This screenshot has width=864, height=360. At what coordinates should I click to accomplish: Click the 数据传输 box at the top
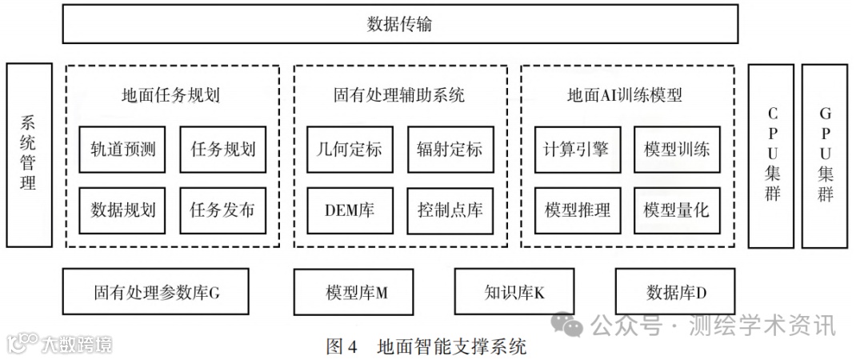click(x=400, y=24)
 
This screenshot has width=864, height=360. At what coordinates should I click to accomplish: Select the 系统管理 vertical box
click(x=29, y=154)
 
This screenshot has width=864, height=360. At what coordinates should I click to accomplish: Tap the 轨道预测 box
click(x=122, y=149)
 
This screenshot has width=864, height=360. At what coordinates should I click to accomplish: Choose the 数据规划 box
click(x=122, y=210)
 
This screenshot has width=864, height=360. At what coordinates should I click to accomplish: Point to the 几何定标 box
click(x=350, y=149)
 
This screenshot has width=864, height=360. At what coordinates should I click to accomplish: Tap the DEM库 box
click(x=350, y=210)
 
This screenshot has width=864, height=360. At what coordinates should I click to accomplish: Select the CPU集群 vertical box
click(x=771, y=155)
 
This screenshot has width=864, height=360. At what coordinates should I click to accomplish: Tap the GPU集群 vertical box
click(x=824, y=155)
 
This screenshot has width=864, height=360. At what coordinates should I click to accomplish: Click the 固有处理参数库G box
click(x=155, y=293)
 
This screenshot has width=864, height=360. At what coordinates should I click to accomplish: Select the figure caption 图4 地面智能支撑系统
click(x=426, y=346)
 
